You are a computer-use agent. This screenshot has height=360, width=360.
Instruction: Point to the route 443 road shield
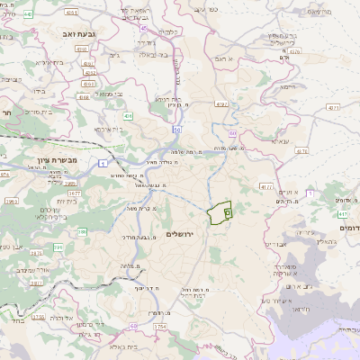coord(29,14)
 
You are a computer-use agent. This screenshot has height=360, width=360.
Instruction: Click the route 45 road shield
coord(143,28)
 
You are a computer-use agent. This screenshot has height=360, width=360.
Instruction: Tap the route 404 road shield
coord(129,116)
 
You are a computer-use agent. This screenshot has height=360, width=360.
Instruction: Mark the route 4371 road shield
coord(333,107)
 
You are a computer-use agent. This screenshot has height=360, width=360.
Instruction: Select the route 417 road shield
coord(343,215)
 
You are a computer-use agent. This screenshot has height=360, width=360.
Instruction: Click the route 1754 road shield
coord(161,326)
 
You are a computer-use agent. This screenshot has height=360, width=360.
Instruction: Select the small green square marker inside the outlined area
coord(228,213)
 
